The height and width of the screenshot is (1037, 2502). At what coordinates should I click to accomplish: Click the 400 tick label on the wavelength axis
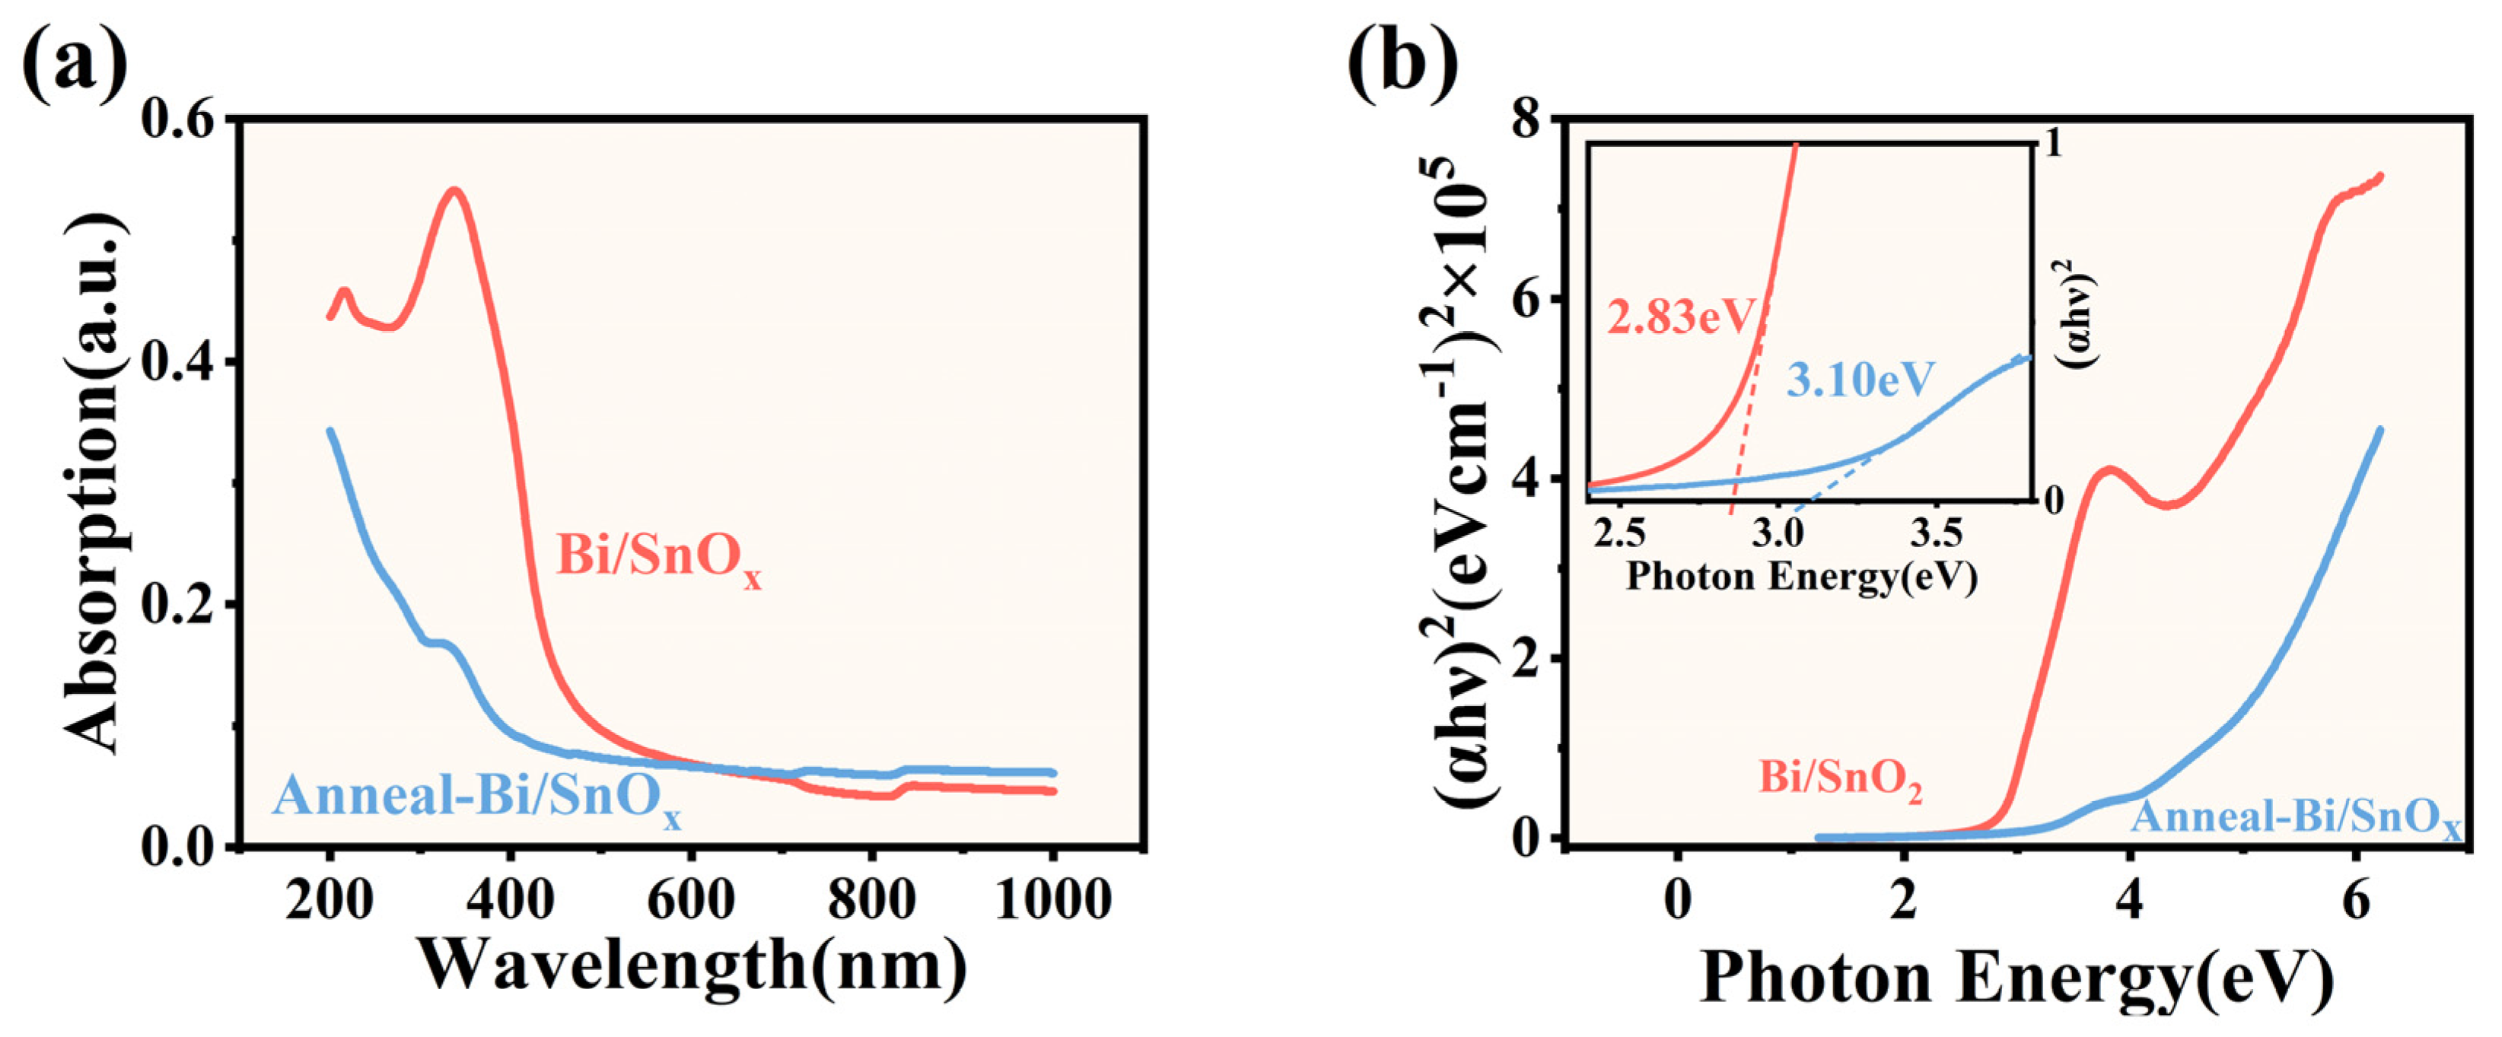pos(511,900)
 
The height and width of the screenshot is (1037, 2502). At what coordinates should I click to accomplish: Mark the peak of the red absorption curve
pos(453,190)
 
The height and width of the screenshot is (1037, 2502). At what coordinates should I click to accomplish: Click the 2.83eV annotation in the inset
pos(1681,317)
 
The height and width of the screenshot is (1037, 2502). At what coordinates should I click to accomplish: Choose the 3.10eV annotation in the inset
pos(1860,380)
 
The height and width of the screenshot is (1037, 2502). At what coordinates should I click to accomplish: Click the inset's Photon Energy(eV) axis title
pos(1802,577)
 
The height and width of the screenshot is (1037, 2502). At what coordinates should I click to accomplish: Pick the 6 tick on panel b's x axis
pos(2355,900)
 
